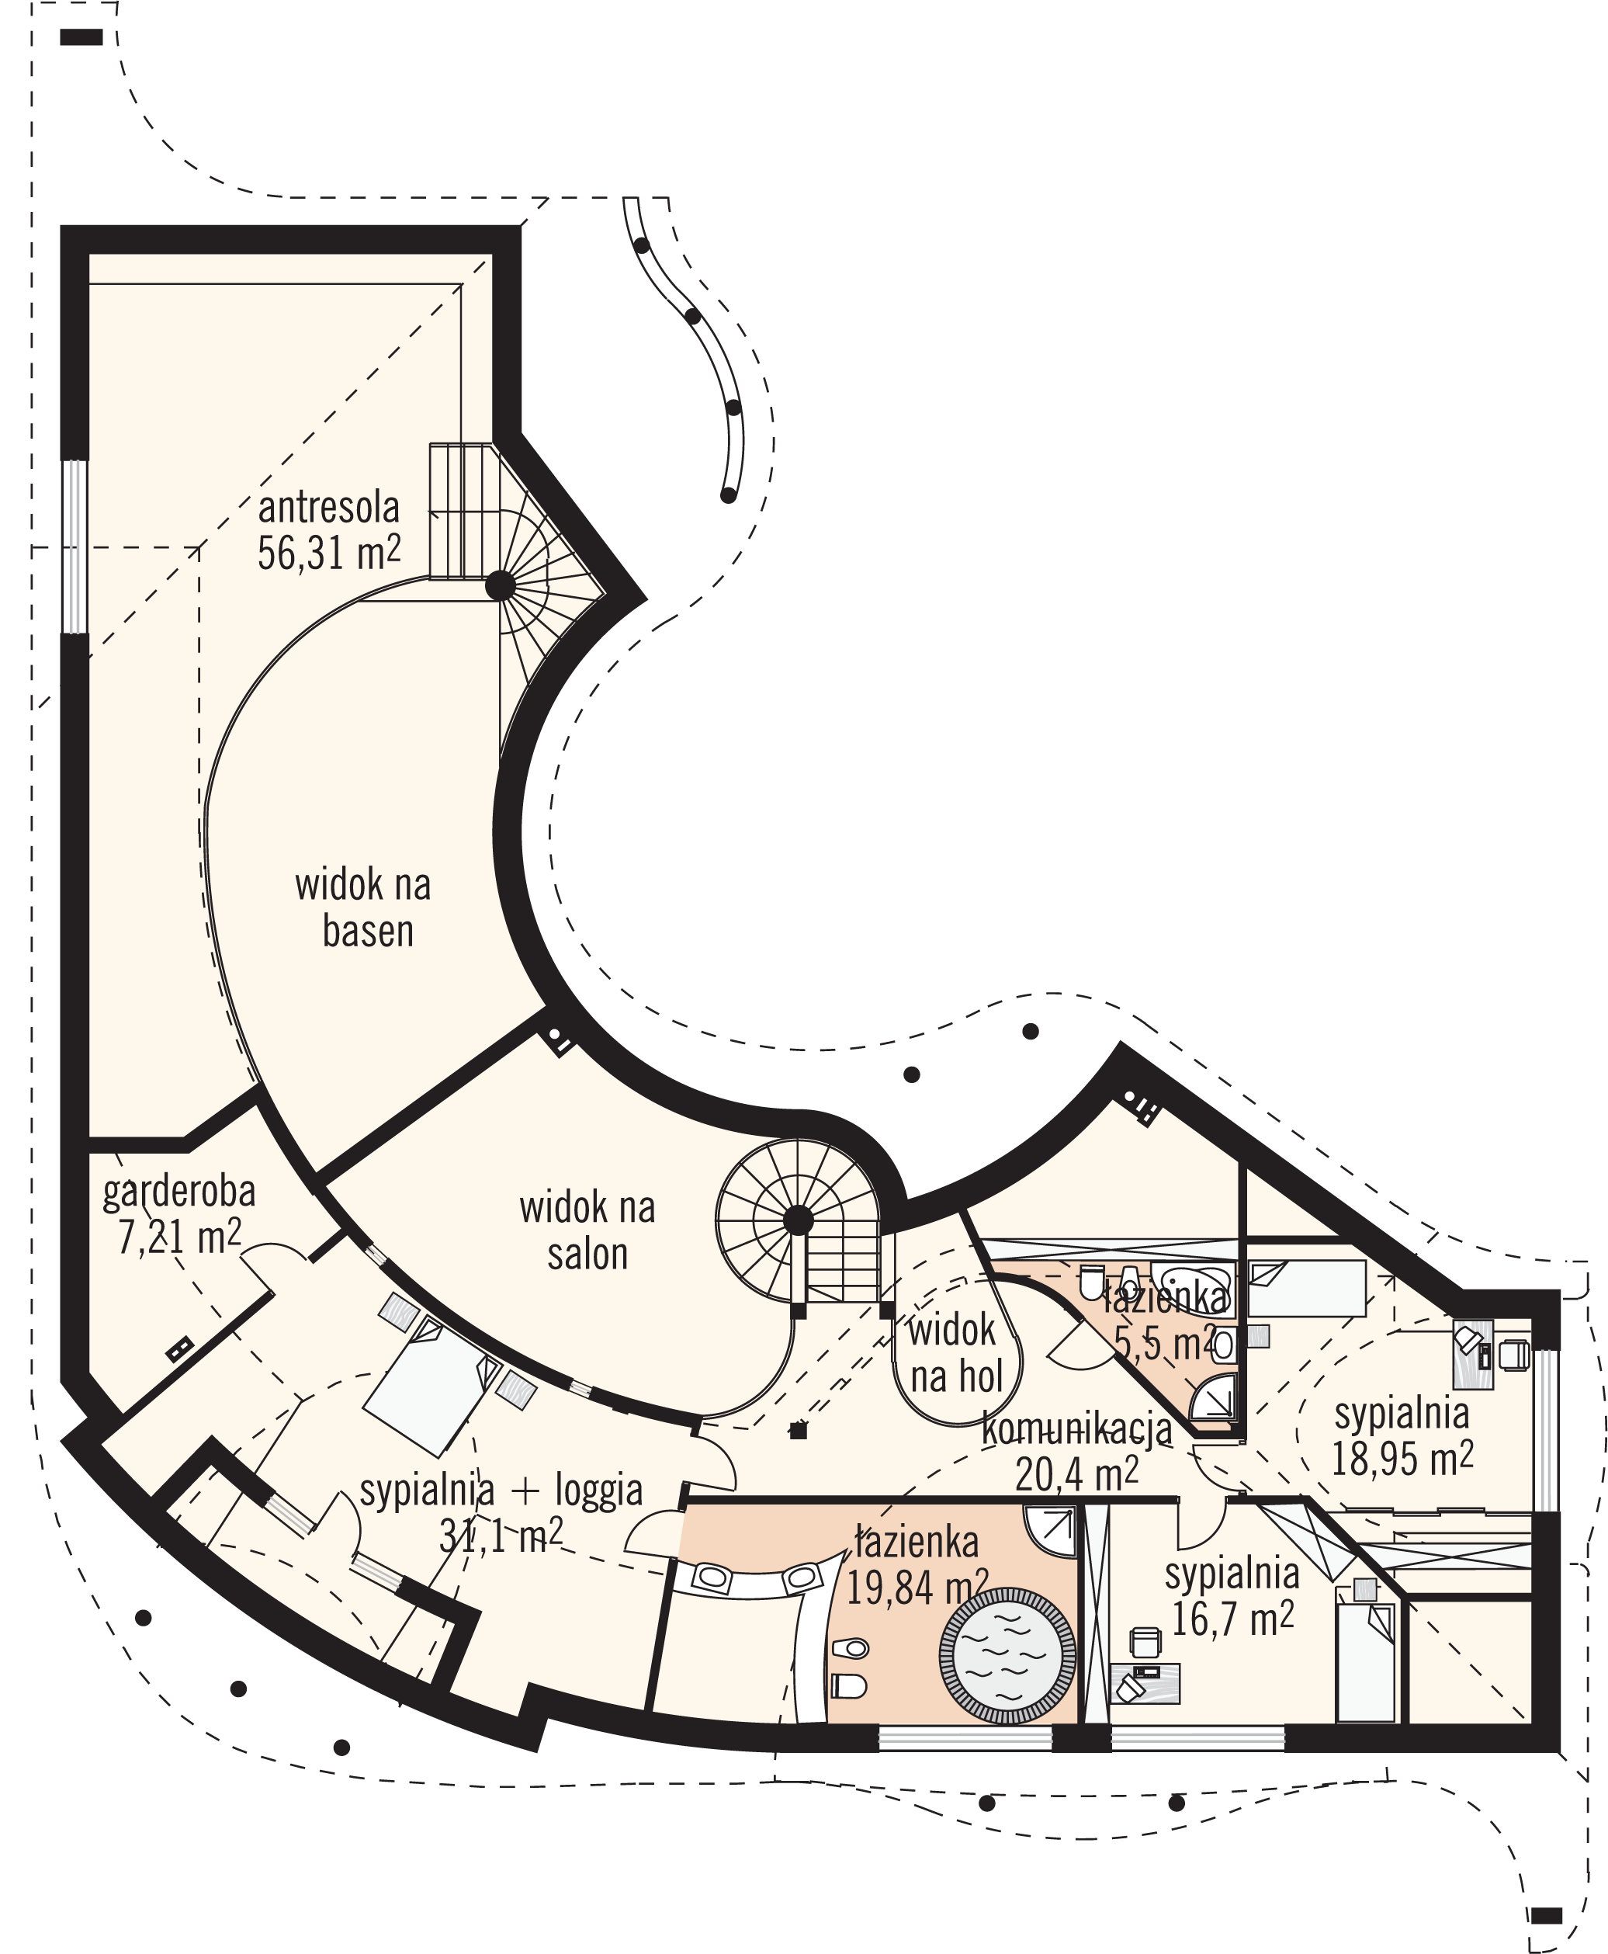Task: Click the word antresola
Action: point(329,508)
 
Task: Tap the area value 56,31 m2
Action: point(329,553)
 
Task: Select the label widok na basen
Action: point(363,908)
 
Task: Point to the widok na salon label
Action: point(587,1232)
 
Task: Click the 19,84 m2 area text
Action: point(917,1588)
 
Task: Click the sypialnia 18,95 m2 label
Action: point(1402,1436)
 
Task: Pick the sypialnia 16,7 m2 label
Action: point(1232,1596)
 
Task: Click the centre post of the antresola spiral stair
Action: point(501,585)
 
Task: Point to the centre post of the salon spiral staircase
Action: point(799,1220)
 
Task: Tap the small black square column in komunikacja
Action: point(799,1432)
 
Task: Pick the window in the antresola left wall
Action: point(74,547)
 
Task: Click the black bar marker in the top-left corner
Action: point(81,37)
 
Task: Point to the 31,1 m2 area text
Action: point(501,1537)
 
